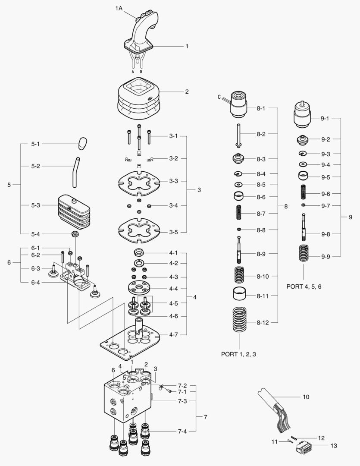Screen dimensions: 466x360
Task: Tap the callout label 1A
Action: point(119,9)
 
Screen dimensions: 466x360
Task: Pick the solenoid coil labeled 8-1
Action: point(238,105)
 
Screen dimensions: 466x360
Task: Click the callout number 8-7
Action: point(261,214)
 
